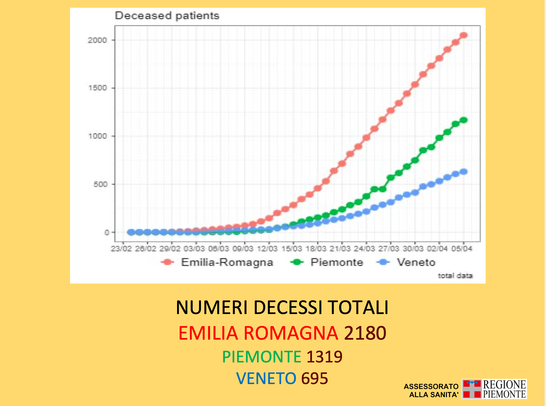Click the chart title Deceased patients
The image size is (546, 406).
[x=167, y=16]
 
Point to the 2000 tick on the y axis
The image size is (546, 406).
[x=97, y=40]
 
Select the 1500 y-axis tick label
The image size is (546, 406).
[x=97, y=88]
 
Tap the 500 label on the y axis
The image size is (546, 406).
[x=100, y=184]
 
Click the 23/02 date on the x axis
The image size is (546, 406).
[x=121, y=249]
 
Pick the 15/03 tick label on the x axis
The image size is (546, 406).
[x=292, y=249]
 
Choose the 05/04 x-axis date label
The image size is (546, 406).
[x=461, y=249]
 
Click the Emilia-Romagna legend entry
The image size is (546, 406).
[x=227, y=262]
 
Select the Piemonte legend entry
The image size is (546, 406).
[x=336, y=262]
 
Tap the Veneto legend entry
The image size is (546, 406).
[x=416, y=262]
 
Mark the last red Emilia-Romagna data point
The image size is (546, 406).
[x=464, y=35]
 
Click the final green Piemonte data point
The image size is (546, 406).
[x=464, y=120]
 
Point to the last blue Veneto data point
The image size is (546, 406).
[x=464, y=172]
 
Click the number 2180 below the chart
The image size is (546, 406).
[x=365, y=333]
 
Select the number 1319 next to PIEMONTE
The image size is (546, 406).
[x=324, y=356]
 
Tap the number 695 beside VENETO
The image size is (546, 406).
[x=314, y=378]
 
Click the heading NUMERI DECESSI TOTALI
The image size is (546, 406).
[x=282, y=307]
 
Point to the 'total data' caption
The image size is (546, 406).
[x=455, y=276]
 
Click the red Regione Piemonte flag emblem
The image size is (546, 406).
[x=472, y=389]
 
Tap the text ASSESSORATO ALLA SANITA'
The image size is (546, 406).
[x=431, y=390]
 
